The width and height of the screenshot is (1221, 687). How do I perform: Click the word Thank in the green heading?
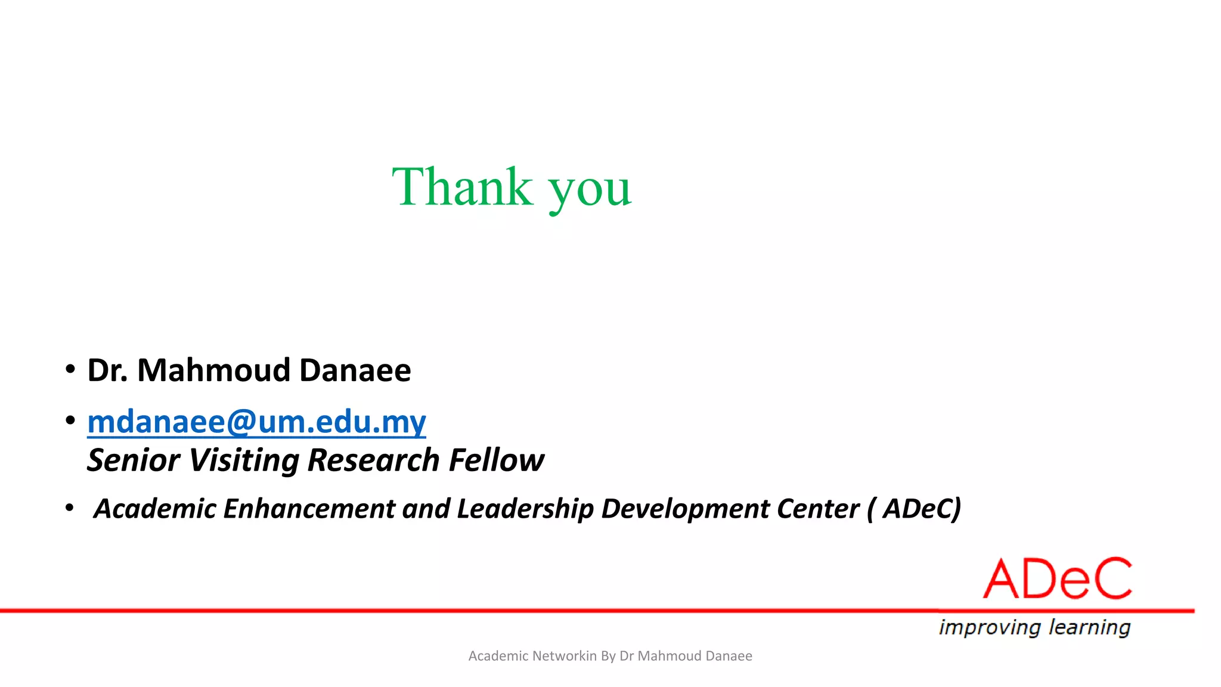462,187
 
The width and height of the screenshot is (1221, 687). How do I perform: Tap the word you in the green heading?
590,190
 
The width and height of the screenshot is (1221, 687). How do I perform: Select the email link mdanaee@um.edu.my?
256,422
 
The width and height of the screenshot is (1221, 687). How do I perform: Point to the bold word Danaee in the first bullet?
355,370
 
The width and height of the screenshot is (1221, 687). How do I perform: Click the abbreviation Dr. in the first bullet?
107,370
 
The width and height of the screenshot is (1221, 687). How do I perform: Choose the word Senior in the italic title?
134,460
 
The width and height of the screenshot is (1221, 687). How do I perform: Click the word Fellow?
497,460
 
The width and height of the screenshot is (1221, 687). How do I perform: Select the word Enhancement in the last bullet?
308,509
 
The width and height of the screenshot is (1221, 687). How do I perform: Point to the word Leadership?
525,509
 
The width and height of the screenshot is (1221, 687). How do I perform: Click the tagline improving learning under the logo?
1034,627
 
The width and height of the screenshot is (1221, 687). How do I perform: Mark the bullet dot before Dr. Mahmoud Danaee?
70,369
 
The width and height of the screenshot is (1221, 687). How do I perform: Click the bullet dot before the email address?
70,420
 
